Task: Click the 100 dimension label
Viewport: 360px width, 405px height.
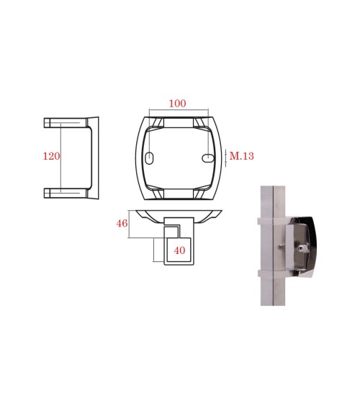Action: (x=177, y=104)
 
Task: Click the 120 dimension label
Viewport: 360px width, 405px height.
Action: (x=51, y=156)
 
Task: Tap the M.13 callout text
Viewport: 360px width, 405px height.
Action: (x=242, y=156)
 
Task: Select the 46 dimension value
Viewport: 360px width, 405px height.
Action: (x=122, y=223)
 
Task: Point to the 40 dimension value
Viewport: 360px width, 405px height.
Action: (x=179, y=250)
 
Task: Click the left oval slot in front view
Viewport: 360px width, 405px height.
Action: (x=149, y=158)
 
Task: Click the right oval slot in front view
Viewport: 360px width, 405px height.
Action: (x=208, y=158)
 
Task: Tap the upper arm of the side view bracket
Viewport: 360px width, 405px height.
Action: (x=65, y=123)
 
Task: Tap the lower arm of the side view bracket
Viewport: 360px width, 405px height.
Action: (x=65, y=193)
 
